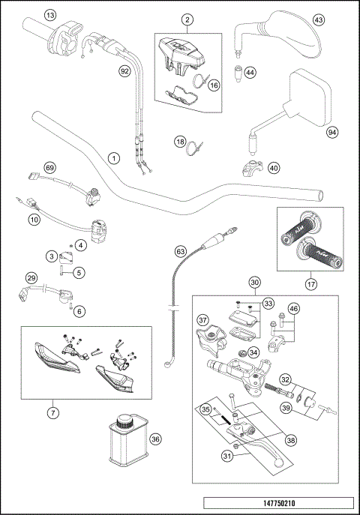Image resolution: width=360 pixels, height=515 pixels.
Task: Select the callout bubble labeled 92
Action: coord(124,71)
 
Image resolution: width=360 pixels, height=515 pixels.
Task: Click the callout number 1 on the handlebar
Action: coord(112,158)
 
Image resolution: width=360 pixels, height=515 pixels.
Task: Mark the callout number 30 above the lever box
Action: coord(255,283)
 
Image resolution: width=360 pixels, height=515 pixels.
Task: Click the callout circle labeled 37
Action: coord(202,321)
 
